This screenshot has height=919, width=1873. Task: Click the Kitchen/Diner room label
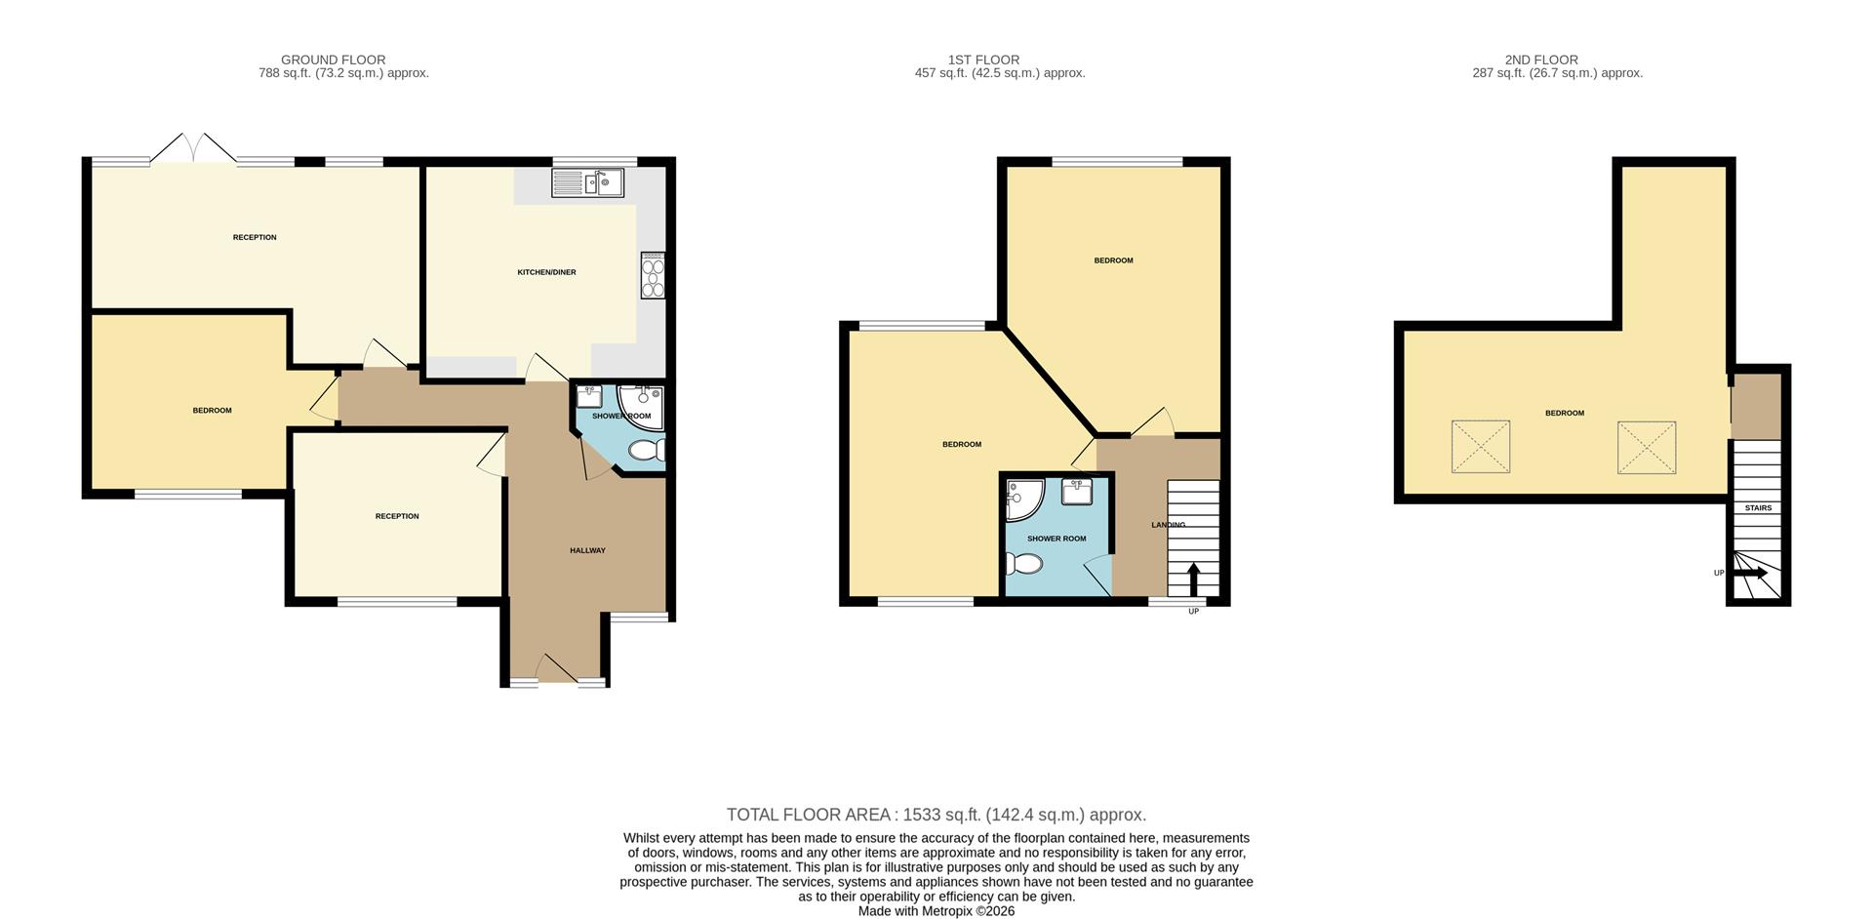pos(546,272)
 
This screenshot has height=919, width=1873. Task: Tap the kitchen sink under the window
pos(586,182)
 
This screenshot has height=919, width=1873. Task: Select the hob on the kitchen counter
pos(652,275)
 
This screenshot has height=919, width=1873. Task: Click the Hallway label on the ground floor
pos(587,550)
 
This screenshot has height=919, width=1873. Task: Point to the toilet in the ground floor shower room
pos(645,451)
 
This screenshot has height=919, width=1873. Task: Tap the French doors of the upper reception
pos(192,148)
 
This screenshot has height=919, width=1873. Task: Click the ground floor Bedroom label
pos(212,411)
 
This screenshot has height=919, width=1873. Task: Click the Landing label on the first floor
pos(1168,525)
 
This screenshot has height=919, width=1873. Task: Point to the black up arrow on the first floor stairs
pos(1193,579)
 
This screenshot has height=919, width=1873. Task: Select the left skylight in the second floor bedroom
pos(1480,447)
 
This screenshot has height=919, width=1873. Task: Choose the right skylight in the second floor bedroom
pos(1646,448)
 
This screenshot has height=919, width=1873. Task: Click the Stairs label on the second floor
pos(1758,508)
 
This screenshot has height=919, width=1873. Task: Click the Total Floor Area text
pos(936,815)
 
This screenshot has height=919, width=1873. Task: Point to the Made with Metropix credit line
pos(936,911)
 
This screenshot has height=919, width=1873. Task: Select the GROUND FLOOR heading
pos(333,60)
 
